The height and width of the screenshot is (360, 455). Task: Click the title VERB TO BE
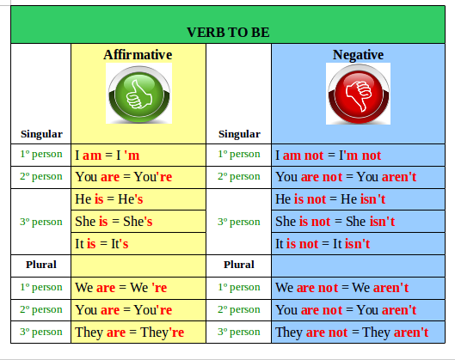click(228, 33)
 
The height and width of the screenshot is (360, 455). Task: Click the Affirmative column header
click(138, 54)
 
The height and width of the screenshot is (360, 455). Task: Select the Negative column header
click(358, 54)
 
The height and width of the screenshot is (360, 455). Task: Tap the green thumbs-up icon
click(138, 94)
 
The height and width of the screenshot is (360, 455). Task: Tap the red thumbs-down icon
click(358, 94)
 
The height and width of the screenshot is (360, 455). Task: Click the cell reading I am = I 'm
click(107, 156)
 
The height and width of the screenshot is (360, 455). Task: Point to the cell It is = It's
click(101, 243)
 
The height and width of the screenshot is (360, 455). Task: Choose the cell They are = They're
click(130, 332)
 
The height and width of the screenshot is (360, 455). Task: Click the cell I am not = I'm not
click(328, 156)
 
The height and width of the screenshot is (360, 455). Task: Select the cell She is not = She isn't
click(335, 221)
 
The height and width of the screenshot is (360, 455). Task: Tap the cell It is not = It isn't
click(322, 243)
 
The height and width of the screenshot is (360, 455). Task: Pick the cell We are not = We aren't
click(341, 288)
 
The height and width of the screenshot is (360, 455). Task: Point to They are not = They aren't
click(352, 332)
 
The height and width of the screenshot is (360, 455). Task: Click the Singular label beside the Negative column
click(239, 134)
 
